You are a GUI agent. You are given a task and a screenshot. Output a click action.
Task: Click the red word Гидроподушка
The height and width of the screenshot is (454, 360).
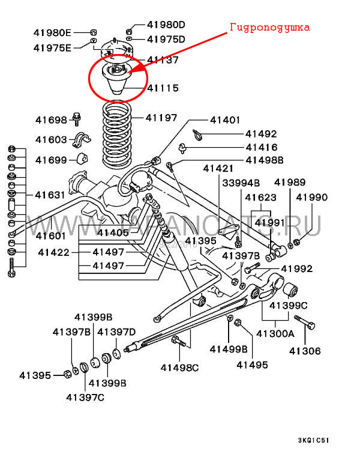(x=270, y=28)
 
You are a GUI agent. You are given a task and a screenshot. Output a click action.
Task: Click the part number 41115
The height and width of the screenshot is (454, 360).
(x=163, y=88)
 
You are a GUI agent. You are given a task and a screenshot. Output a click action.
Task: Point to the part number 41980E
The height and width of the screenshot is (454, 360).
(x=52, y=32)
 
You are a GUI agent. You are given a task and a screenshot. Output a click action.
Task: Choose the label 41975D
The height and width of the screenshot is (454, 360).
(x=166, y=39)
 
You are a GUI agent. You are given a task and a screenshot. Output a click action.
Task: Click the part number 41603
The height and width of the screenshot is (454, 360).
(x=51, y=139)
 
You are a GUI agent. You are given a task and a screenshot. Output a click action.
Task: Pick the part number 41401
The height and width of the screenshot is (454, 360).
(x=226, y=120)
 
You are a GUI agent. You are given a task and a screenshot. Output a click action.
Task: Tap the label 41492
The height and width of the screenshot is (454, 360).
(x=261, y=134)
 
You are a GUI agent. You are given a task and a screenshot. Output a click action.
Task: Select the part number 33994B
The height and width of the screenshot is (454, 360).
(x=241, y=183)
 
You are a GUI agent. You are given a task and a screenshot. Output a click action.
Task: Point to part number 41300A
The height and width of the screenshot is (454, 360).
(x=275, y=333)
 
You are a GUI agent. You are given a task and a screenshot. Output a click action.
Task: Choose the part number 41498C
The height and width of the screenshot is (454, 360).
(x=179, y=367)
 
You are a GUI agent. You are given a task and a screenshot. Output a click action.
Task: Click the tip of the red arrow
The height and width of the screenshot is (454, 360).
(x=128, y=72)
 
